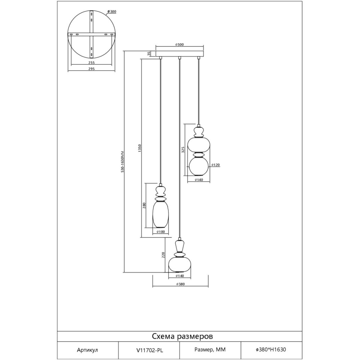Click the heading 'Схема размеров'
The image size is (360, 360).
click(x=182, y=336)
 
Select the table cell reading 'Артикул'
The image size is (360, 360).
click(x=87, y=349)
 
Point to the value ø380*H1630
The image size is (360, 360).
click(x=271, y=349)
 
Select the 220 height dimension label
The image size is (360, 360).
click(x=163, y=255)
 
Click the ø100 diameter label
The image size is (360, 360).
click(x=161, y=232)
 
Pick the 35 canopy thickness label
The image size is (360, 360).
click(x=149, y=54)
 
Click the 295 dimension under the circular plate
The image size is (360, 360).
click(x=91, y=69)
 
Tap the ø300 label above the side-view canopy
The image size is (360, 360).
click(x=180, y=45)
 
